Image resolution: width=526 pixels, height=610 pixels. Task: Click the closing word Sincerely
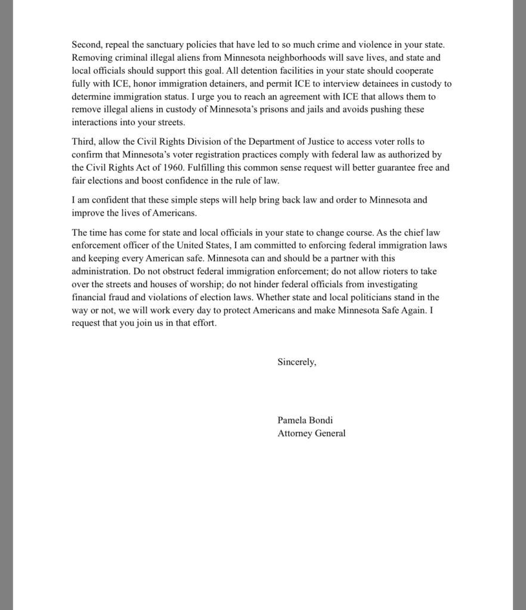(x=296, y=362)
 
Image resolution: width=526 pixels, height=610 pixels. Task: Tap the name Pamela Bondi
(x=305, y=420)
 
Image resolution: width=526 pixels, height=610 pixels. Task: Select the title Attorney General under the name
(x=311, y=433)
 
